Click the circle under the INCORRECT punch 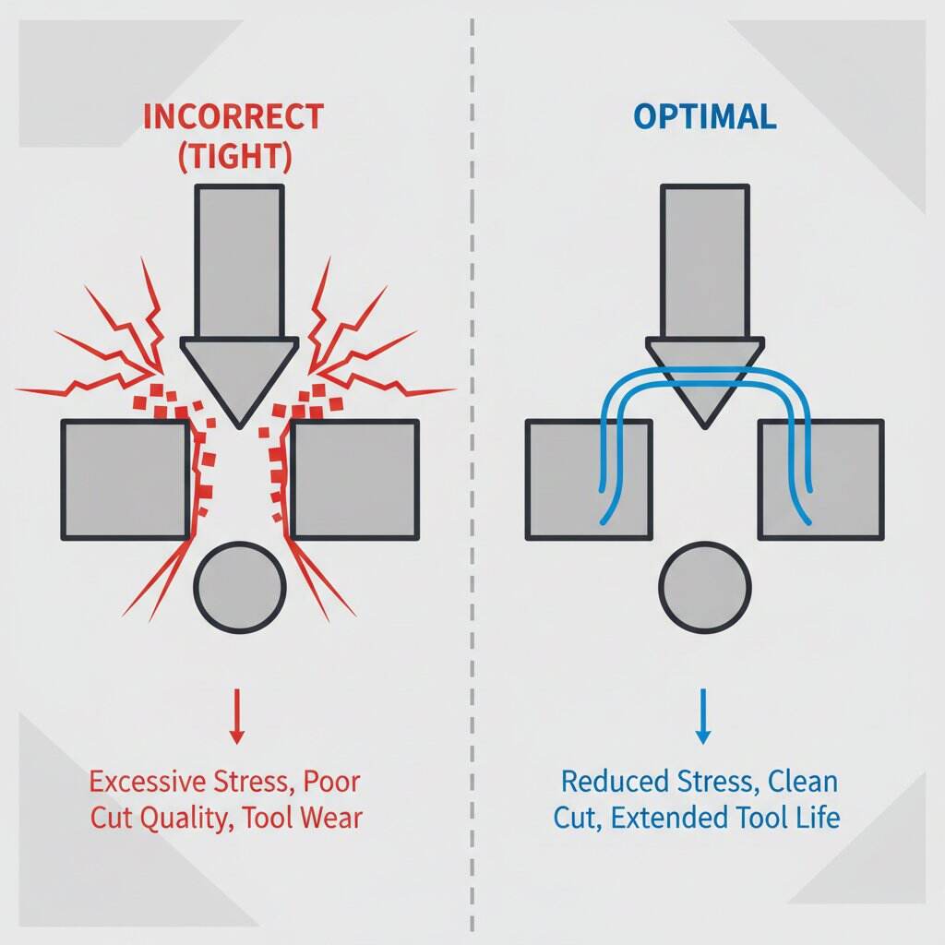pyautogui.click(x=239, y=586)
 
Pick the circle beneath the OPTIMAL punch pyautogui.click(x=705, y=589)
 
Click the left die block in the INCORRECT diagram pyautogui.click(x=124, y=479)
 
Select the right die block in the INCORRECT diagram pyautogui.click(x=354, y=479)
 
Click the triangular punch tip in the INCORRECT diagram pyautogui.click(x=239, y=374)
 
